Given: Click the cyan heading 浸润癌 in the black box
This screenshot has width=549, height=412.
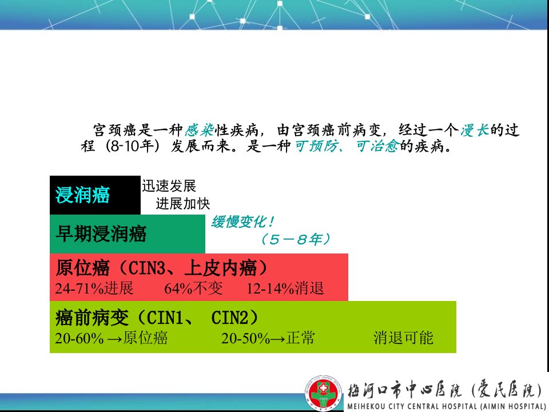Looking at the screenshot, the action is pyautogui.click(x=82, y=195).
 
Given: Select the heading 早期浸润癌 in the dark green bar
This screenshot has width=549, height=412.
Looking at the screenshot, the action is pyautogui.click(x=101, y=233).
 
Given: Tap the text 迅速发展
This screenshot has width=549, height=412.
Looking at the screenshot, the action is pyautogui.click(x=169, y=185).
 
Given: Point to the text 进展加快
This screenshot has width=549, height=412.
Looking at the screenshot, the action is pyautogui.click(x=183, y=204).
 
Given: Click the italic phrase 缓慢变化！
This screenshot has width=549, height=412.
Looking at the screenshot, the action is pyautogui.click(x=242, y=222).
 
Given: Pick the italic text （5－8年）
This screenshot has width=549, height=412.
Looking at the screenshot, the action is pyautogui.click(x=296, y=239).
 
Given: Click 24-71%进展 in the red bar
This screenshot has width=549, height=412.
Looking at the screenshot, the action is pyautogui.click(x=94, y=288).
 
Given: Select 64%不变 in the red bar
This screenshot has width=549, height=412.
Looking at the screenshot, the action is pyautogui.click(x=194, y=288).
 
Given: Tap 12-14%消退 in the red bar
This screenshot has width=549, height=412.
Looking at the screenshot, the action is pyautogui.click(x=285, y=288).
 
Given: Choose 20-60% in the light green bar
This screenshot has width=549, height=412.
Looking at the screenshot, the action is pyautogui.click(x=79, y=338).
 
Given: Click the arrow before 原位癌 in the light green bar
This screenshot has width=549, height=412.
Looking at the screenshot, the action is pyautogui.click(x=115, y=339).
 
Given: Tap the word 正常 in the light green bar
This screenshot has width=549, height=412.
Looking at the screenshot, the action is pyautogui.click(x=300, y=338).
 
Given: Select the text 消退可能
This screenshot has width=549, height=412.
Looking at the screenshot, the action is pyautogui.click(x=403, y=338).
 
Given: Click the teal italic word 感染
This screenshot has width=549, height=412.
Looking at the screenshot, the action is pyautogui.click(x=199, y=130).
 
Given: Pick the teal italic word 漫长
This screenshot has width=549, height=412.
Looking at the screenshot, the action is pyautogui.click(x=475, y=130).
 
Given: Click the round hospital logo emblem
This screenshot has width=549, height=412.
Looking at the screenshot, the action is pyautogui.click(x=323, y=393).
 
